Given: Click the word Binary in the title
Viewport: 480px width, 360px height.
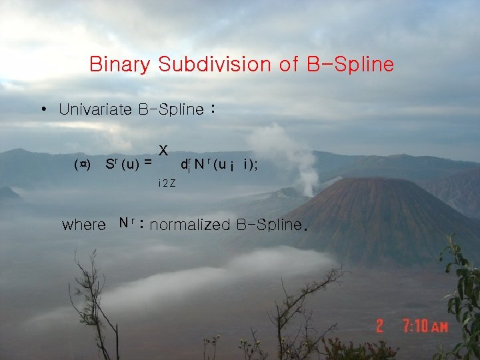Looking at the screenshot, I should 121,65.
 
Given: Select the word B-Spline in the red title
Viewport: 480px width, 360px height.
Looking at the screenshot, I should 350,65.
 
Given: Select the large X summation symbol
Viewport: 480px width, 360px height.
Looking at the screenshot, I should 163,151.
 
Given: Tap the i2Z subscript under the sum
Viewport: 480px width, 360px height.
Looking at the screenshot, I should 167,183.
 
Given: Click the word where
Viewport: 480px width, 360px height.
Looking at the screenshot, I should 83,225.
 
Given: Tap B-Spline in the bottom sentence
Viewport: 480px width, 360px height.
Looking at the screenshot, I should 269,225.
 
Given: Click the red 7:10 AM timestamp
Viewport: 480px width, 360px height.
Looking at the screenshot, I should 425,327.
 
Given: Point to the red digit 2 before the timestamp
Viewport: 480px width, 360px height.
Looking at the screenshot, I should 379,326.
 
